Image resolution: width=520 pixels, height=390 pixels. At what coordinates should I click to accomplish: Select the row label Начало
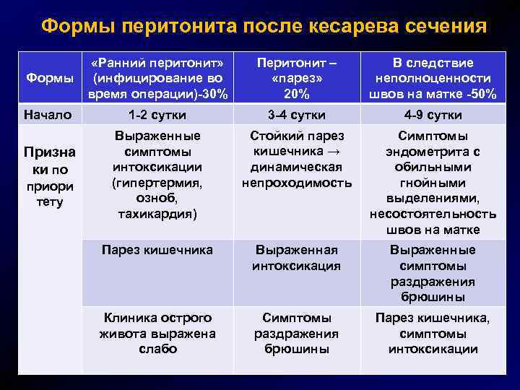[47, 114]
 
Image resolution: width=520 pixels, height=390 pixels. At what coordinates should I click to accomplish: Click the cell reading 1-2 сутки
[157, 115]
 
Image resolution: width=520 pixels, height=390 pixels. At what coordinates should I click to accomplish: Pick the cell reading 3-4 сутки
[296, 115]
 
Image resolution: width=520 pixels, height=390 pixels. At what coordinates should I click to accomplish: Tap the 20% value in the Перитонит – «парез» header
[296, 94]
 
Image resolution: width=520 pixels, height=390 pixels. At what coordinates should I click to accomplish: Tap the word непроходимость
[296, 183]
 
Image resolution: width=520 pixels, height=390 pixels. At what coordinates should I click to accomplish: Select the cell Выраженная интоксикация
[296, 258]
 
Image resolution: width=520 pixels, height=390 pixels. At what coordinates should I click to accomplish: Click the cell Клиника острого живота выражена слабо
[157, 333]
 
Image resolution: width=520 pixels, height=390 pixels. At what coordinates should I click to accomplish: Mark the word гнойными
[433, 183]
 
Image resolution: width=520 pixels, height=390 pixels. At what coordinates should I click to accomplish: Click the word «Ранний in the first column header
[128, 63]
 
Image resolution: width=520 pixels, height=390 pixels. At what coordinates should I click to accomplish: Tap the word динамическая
[296, 167]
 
